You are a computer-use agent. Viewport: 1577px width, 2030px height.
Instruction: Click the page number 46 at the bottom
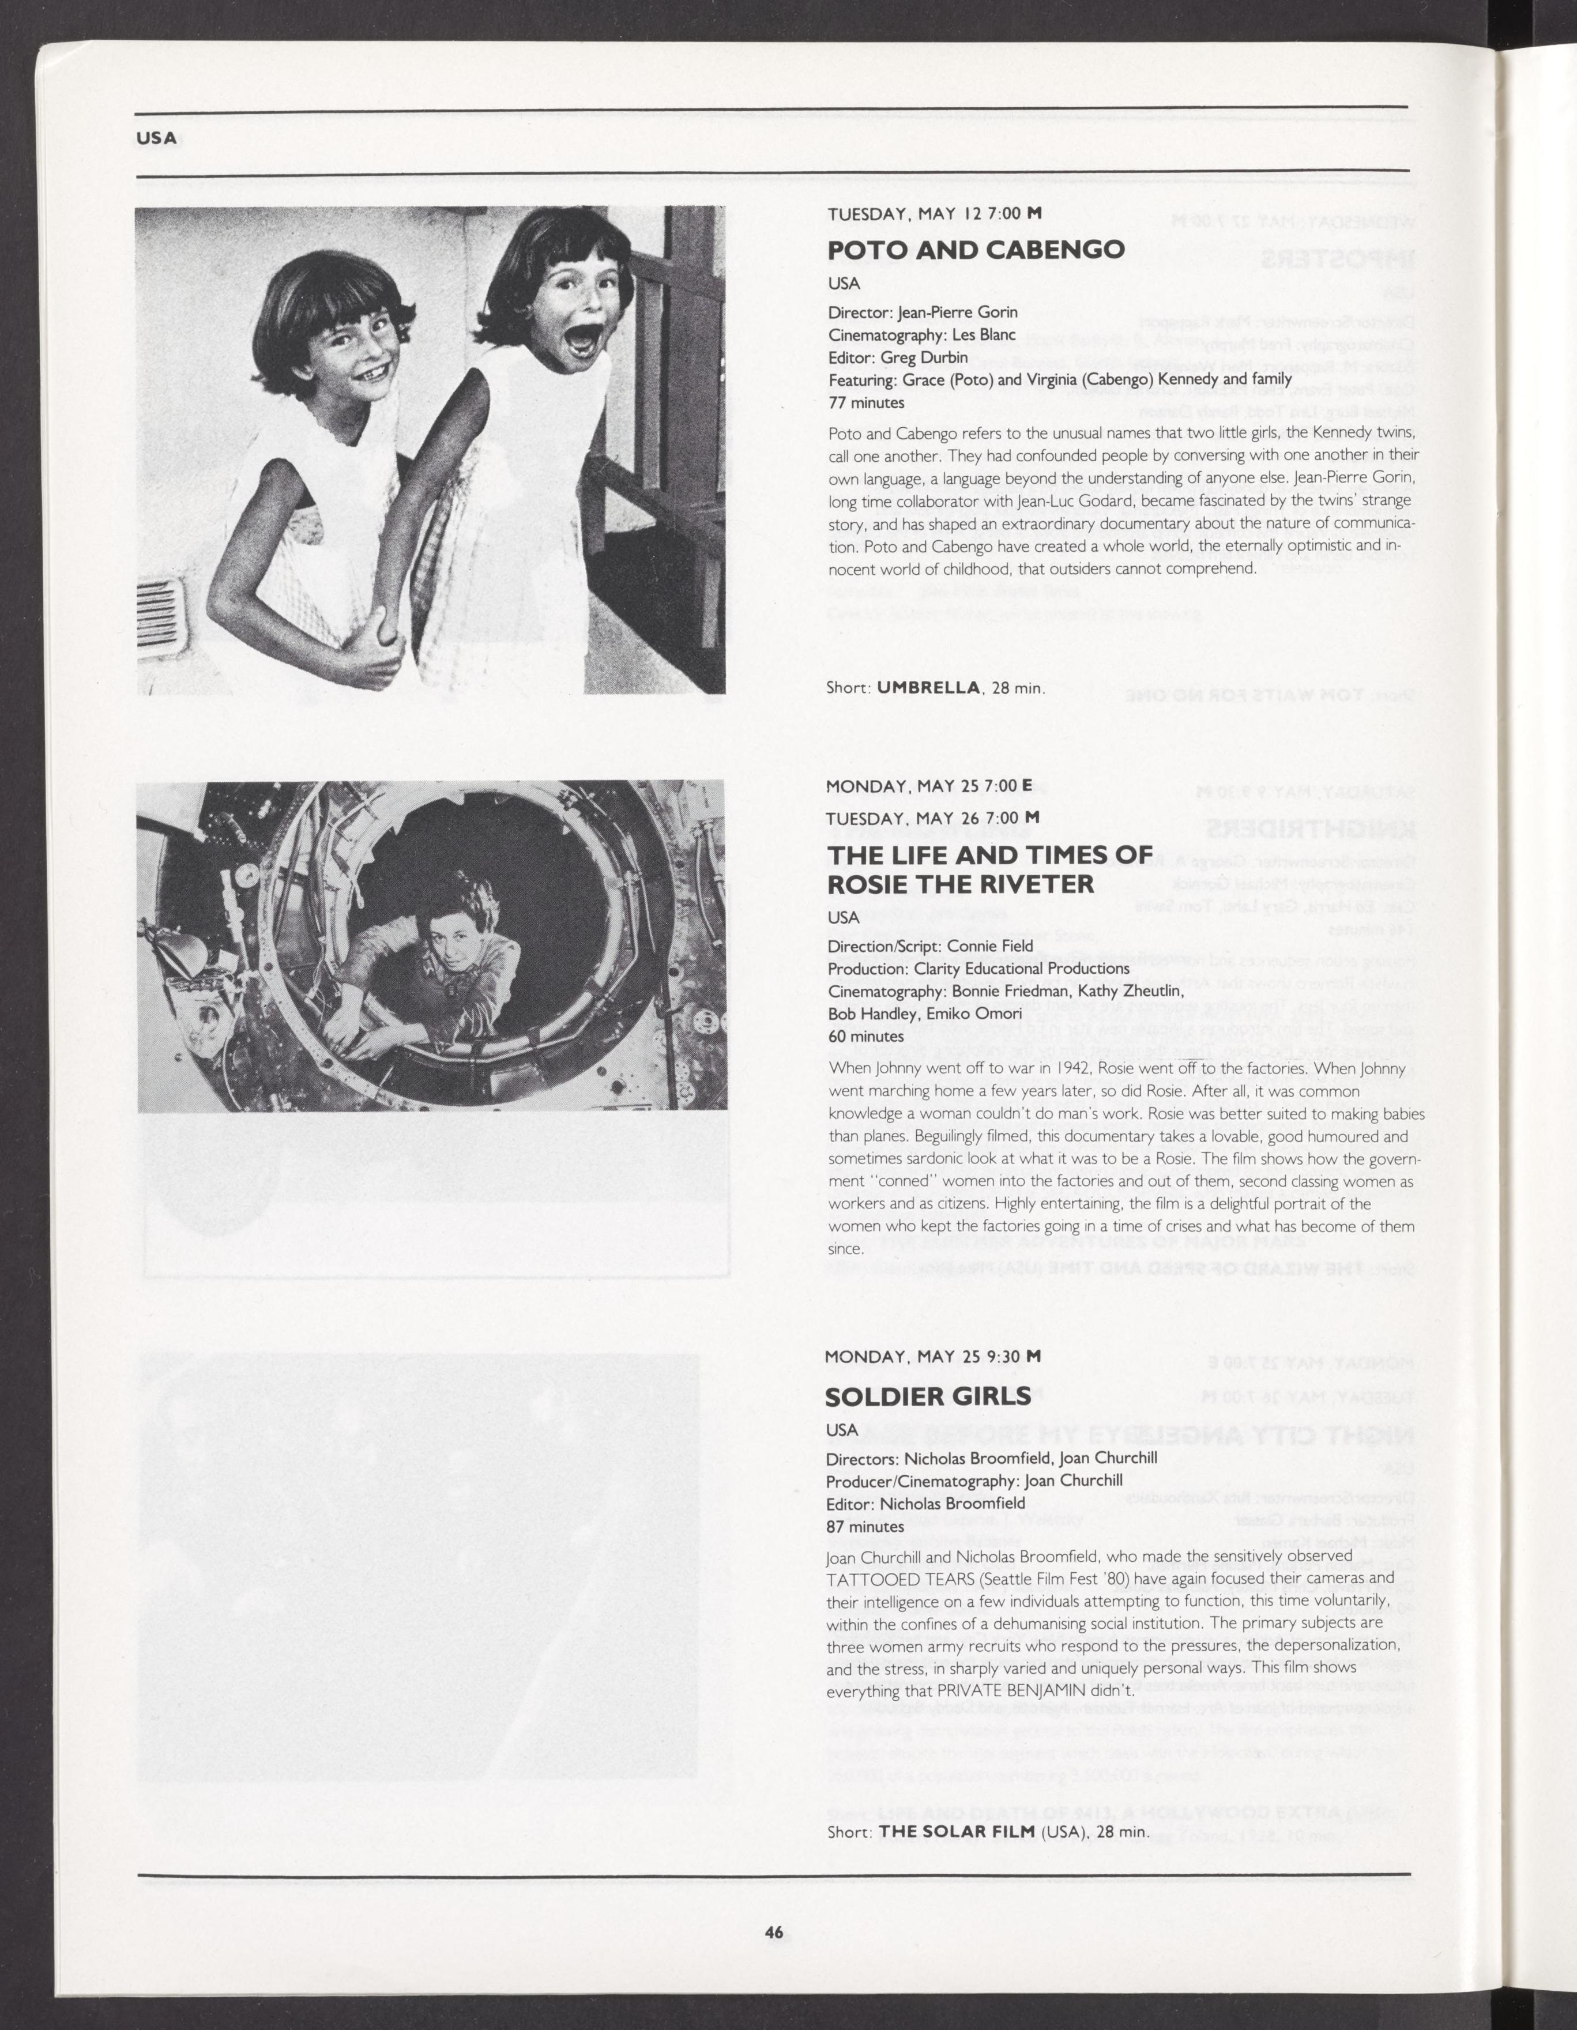tap(774, 1933)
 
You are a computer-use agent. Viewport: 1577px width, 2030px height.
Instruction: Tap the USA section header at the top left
tap(156, 138)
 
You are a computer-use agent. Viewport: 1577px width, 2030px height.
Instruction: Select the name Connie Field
tap(989, 946)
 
